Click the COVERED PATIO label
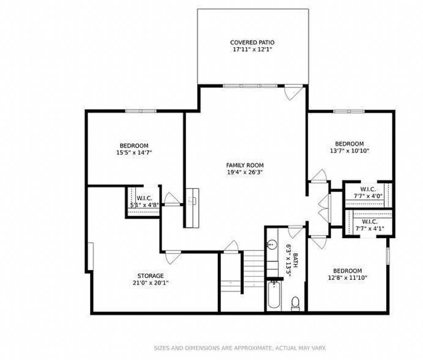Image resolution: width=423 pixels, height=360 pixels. [x=252, y=42]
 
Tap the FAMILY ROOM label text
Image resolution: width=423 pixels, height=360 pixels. [x=245, y=165]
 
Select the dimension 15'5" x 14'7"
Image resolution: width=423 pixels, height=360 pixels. [x=134, y=152]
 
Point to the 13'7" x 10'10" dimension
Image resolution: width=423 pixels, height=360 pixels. [x=350, y=151]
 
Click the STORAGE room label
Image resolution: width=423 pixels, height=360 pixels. [x=151, y=276]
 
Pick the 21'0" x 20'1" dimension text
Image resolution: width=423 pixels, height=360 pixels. [x=151, y=283]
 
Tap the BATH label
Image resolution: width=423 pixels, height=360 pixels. [x=295, y=260]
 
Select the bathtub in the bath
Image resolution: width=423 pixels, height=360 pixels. [x=274, y=294]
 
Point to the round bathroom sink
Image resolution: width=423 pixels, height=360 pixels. [x=272, y=244]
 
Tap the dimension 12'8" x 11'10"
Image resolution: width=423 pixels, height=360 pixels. [x=348, y=278]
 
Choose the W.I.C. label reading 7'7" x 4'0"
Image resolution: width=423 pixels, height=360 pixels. [x=368, y=193]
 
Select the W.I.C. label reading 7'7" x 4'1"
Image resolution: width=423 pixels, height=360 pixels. [x=370, y=225]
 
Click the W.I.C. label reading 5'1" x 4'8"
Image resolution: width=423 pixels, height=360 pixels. [x=144, y=201]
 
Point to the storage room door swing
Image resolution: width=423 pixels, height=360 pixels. [x=173, y=257]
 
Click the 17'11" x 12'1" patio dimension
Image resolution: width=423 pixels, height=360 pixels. [x=252, y=50]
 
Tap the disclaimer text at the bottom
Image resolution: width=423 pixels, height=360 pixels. [x=240, y=348]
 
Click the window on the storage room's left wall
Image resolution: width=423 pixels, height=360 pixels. [x=91, y=256]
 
